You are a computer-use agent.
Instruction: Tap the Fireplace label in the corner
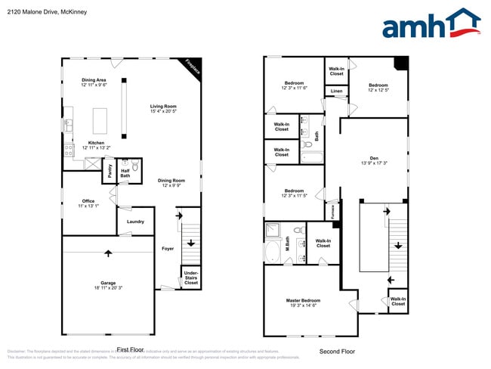(193, 68)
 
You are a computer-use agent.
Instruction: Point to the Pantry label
(110, 172)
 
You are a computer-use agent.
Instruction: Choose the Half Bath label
(125, 173)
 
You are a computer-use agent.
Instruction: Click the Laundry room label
(135, 222)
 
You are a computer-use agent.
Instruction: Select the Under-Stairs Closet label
(191, 278)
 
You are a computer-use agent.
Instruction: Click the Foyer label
(168, 248)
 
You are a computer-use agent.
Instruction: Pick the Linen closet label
(336, 91)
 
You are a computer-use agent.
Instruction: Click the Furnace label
(331, 211)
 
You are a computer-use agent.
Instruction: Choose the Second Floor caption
(337, 351)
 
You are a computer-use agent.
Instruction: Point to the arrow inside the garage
(108, 253)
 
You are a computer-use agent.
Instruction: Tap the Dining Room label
(171, 181)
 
